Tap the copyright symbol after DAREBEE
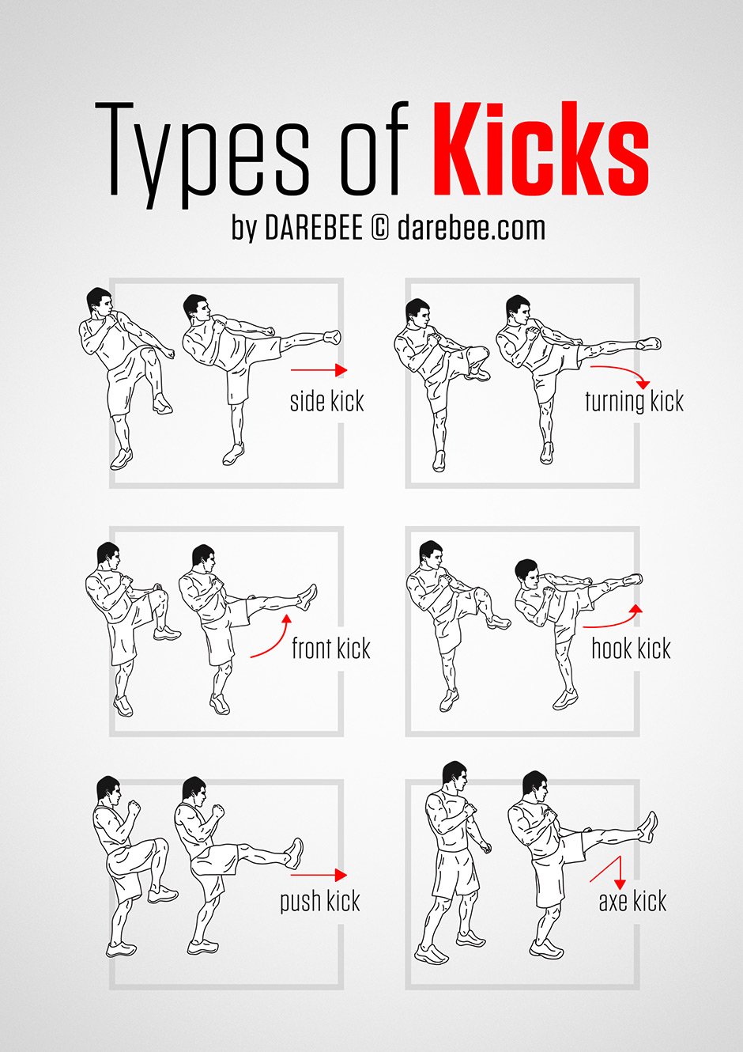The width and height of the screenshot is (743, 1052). tap(379, 229)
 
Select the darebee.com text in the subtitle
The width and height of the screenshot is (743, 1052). tap(471, 229)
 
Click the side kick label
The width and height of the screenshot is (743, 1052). tap(326, 401)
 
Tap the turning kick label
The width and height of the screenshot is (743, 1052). tap(634, 401)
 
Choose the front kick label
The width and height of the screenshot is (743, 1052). tap(330, 649)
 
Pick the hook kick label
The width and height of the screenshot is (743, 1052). tap(631, 649)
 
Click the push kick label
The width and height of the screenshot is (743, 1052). tap(319, 902)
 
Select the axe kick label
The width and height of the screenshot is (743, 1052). tap(632, 901)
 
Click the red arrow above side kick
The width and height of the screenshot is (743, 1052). tap(319, 369)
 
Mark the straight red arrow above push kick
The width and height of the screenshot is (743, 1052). tap(318, 875)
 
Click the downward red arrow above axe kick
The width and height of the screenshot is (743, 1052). tap(611, 871)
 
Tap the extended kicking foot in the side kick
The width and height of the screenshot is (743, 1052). tap(332, 338)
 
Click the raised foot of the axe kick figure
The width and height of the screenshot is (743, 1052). tap(648, 827)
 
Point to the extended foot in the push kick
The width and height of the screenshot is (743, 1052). tap(294, 853)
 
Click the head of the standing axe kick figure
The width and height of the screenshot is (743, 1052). tap(454, 777)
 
